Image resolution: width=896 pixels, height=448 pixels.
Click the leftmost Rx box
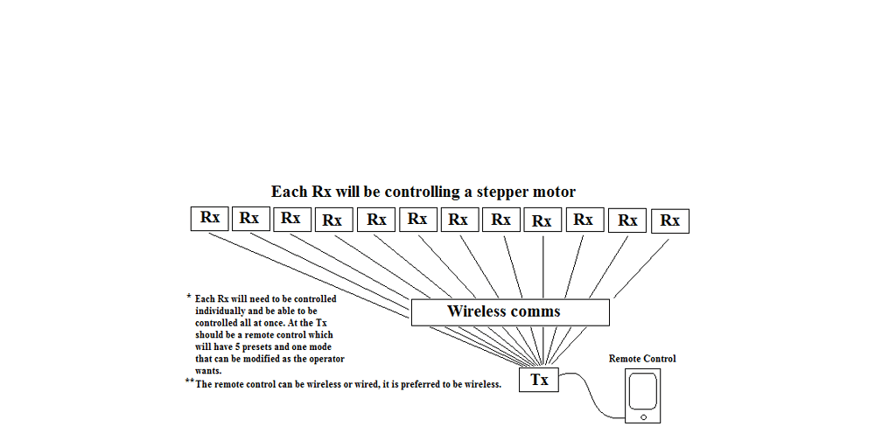coord(209,218)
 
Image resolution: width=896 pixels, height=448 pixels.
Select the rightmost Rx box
coord(670,220)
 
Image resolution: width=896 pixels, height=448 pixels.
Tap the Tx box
coord(539,380)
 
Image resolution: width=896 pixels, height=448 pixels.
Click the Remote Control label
coord(642,359)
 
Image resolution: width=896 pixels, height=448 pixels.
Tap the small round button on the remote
coord(643,417)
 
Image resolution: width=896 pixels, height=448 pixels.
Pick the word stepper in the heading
coord(502,192)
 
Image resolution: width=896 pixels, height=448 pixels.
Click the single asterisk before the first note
coord(188,297)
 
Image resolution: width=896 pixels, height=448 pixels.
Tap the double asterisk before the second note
coord(189,381)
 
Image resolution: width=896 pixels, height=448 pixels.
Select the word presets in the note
coord(266,346)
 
